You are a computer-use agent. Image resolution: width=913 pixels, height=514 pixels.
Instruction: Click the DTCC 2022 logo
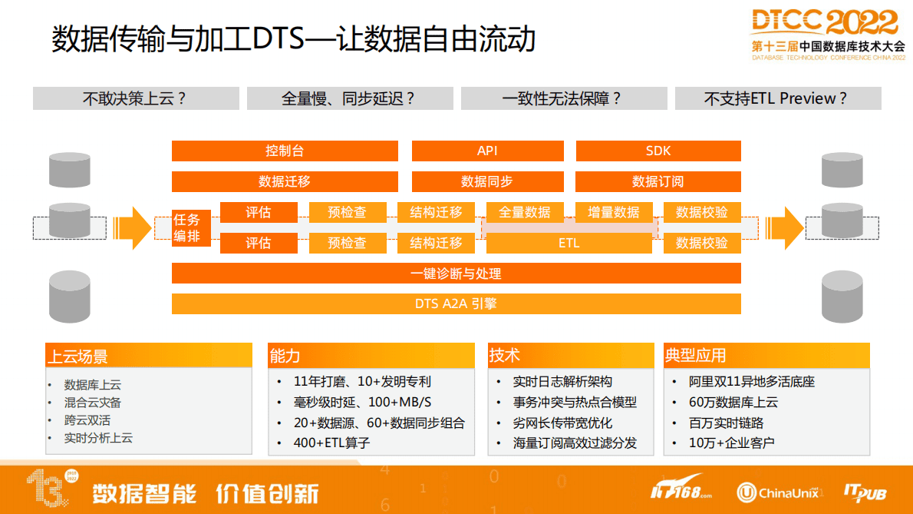(824, 33)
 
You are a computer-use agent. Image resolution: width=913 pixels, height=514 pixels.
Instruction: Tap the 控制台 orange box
(285, 151)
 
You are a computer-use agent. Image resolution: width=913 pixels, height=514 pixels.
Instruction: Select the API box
(487, 151)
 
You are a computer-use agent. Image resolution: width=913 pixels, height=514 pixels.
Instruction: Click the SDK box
(658, 151)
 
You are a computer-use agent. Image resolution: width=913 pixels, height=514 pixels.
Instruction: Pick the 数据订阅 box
(658, 181)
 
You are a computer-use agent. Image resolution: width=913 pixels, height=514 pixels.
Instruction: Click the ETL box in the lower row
(569, 243)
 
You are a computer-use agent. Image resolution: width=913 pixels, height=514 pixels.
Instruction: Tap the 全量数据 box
(525, 212)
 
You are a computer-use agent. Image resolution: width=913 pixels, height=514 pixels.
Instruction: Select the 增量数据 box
(613, 212)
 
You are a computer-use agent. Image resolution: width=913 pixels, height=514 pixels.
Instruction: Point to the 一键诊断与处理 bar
(456, 274)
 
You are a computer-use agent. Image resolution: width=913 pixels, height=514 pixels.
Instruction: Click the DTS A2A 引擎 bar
(456, 303)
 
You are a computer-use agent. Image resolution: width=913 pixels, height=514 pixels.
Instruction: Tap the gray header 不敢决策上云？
(136, 98)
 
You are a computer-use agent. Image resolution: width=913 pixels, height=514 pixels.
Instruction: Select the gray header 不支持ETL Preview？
(777, 98)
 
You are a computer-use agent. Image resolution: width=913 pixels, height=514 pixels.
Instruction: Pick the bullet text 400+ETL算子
(332, 443)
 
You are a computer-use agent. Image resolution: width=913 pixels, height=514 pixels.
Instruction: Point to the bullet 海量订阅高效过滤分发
(575, 443)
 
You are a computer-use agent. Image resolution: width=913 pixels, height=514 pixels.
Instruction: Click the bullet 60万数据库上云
(733, 402)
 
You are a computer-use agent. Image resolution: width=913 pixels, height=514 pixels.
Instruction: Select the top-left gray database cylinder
(69, 169)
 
